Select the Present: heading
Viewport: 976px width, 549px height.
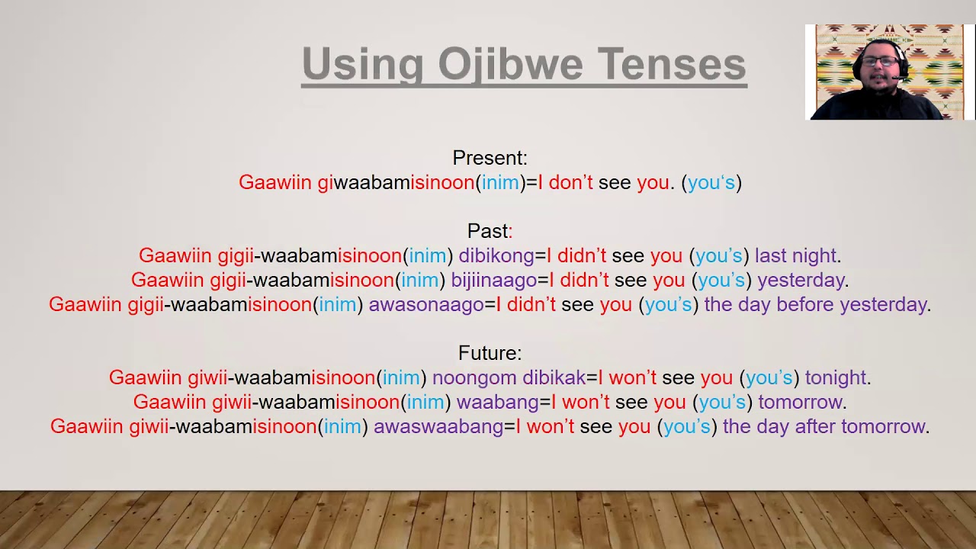(x=490, y=158)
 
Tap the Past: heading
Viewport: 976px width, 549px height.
(x=490, y=231)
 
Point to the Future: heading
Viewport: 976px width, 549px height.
(x=490, y=353)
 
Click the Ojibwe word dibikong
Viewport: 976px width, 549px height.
(x=496, y=255)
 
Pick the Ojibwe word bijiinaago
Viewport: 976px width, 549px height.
(x=493, y=280)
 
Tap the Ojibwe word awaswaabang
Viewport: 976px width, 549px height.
(x=438, y=426)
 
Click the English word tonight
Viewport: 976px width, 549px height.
(x=835, y=377)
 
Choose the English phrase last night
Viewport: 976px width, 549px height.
(x=795, y=255)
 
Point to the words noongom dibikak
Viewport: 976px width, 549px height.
(x=509, y=377)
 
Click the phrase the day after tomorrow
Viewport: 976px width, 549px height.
(x=823, y=426)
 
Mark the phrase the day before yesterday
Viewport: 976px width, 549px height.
(x=815, y=304)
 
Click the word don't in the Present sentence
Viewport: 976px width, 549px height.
(x=570, y=182)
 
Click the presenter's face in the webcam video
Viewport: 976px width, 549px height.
(x=879, y=70)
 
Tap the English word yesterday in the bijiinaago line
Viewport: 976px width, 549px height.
(x=801, y=280)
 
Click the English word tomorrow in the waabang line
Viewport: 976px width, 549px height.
(x=800, y=402)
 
